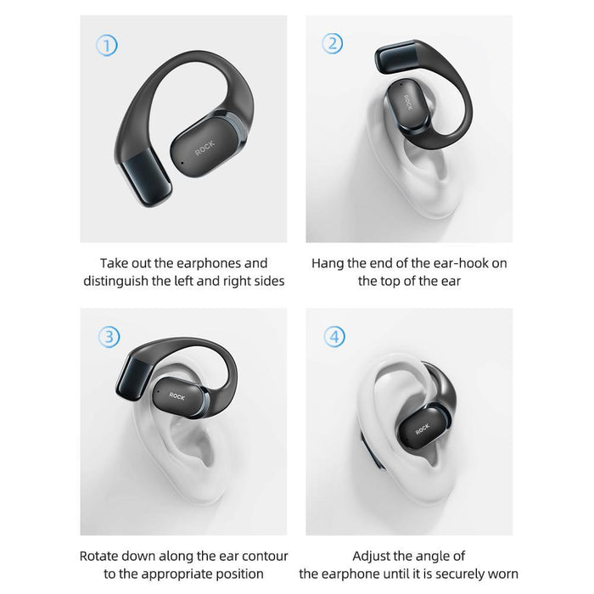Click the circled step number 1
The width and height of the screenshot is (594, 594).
click(x=106, y=45)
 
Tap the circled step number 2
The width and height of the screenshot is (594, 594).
click(x=333, y=44)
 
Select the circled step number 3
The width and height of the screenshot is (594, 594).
click(x=109, y=337)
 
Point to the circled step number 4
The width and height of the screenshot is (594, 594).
click(x=334, y=337)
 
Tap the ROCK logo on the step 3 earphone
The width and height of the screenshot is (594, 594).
click(x=177, y=395)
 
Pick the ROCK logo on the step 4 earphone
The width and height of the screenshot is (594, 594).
click(x=422, y=429)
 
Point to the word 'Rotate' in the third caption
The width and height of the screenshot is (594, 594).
click(x=100, y=557)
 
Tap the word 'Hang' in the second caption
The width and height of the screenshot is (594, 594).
click(x=328, y=263)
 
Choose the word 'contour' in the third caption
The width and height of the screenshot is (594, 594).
click(x=265, y=557)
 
